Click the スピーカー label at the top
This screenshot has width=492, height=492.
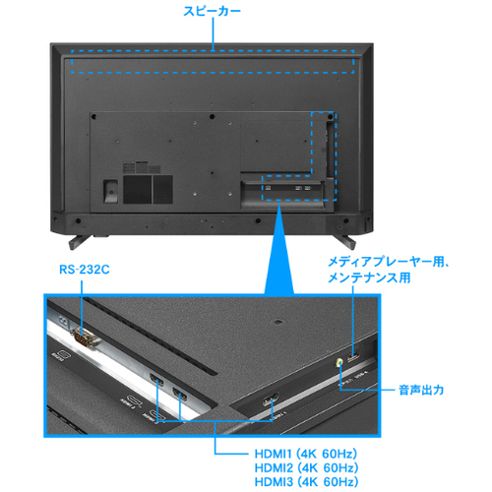(x=212, y=11)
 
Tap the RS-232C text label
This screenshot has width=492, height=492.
(x=85, y=270)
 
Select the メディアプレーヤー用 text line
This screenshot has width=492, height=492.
(x=388, y=262)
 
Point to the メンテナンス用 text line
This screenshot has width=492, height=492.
(x=369, y=277)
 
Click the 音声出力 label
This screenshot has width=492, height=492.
(x=421, y=390)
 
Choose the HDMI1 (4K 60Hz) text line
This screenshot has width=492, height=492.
(x=306, y=454)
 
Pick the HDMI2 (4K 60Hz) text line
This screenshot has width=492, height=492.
(x=306, y=468)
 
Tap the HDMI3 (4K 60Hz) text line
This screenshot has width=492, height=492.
(x=306, y=482)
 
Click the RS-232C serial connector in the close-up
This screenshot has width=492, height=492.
(x=84, y=338)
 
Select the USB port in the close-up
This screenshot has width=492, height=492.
(x=353, y=356)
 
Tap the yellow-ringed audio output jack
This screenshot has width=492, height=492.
(x=339, y=362)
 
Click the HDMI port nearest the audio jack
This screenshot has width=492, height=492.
(x=271, y=400)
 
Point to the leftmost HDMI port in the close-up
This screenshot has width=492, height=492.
(x=156, y=379)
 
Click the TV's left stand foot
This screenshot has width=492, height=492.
(x=79, y=241)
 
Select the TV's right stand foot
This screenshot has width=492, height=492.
(x=344, y=241)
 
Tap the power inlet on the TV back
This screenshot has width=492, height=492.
(x=110, y=191)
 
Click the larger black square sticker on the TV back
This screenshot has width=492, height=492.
(x=138, y=189)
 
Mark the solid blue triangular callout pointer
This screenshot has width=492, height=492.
(x=279, y=249)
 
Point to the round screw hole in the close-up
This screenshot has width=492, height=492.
(x=278, y=322)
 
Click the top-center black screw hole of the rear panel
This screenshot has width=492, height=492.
(x=212, y=116)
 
